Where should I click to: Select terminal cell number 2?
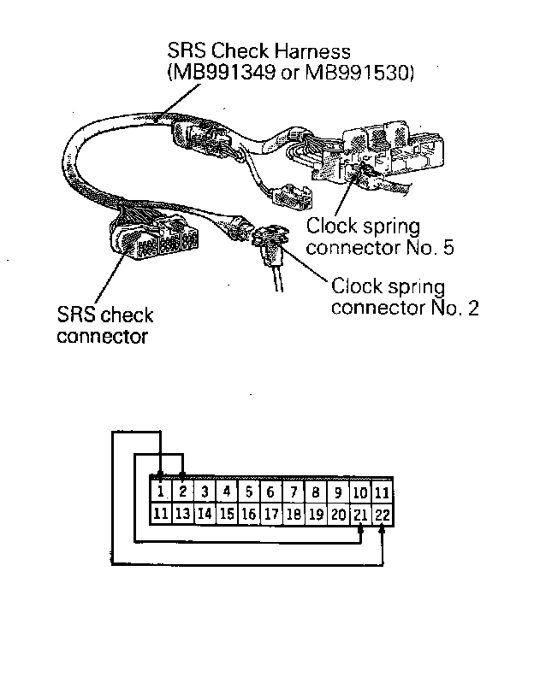point(182,492)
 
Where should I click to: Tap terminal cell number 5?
point(248,492)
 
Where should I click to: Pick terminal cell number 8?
point(315,492)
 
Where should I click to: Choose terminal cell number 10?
point(360,492)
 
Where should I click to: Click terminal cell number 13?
point(182,514)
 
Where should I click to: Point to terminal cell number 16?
point(248,514)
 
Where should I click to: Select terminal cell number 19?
point(315,514)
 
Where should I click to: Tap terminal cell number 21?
point(360,514)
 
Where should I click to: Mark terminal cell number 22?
point(383,514)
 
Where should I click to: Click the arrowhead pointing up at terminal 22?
point(383,529)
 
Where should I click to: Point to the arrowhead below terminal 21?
point(360,529)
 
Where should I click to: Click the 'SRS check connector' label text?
point(104,325)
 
